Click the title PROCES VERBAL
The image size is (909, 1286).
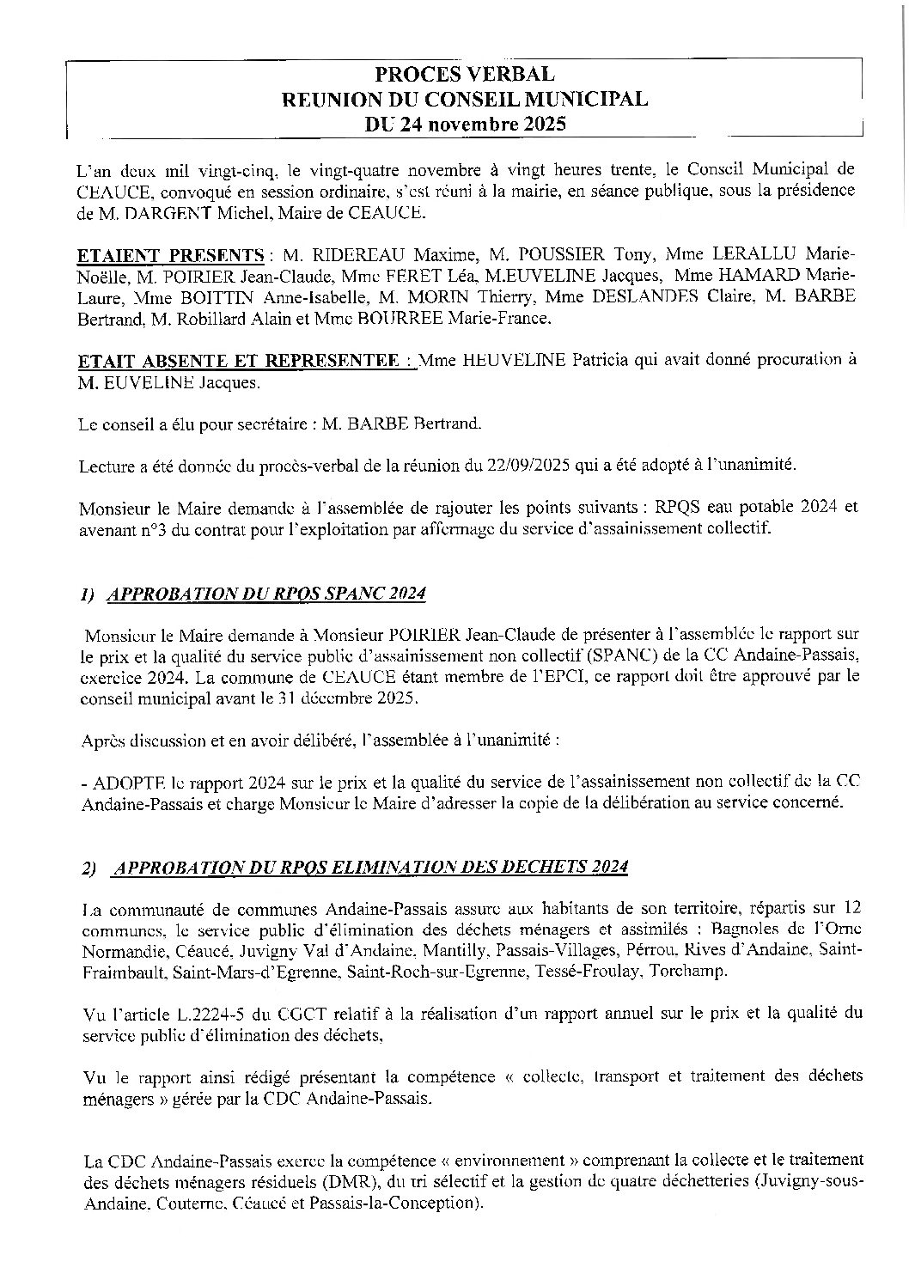(465, 76)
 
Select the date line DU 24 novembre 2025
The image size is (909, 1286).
(465, 125)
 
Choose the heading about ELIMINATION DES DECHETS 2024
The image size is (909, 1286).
(370, 866)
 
